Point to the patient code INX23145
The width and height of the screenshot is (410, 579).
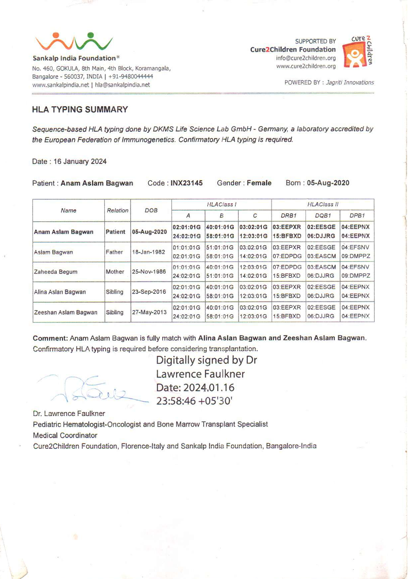182,184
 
